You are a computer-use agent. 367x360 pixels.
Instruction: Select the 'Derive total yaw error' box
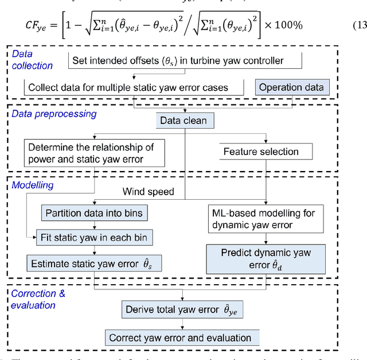coord(182,310)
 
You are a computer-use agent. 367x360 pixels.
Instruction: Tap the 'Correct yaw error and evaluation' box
coord(180,337)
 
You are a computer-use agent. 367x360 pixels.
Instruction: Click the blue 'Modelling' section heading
coord(33,186)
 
